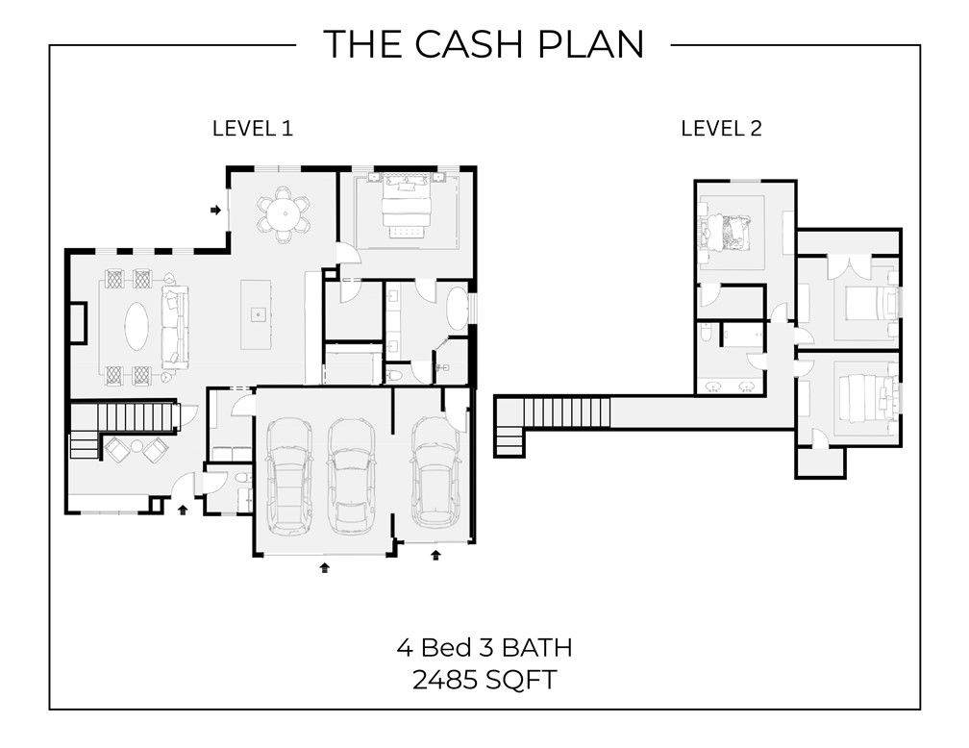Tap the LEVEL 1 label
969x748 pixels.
coord(252,129)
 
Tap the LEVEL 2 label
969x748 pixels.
coord(721,129)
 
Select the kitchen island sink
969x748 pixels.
coord(258,313)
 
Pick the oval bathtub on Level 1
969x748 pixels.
coord(457,311)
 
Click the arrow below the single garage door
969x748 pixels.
coord(435,555)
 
